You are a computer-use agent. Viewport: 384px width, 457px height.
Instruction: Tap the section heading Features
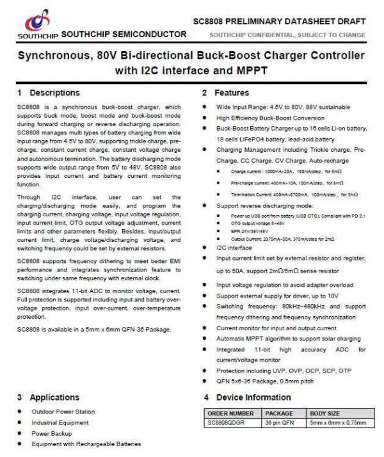click(231, 93)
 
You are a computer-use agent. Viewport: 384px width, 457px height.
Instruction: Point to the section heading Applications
click(54, 397)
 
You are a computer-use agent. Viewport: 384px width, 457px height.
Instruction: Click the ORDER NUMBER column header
click(230, 413)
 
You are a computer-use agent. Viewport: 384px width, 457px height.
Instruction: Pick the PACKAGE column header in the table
click(279, 413)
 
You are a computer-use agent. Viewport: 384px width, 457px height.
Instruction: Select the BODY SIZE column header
click(325, 413)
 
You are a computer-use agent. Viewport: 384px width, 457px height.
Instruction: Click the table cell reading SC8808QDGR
click(227, 422)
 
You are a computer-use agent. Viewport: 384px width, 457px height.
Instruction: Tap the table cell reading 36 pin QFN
click(279, 422)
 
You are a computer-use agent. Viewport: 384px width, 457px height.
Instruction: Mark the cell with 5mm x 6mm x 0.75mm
click(337, 422)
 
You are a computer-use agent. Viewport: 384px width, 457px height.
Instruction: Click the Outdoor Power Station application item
click(63, 412)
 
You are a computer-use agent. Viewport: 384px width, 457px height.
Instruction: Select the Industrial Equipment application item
click(60, 422)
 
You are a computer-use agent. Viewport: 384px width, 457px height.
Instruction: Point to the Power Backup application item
click(52, 433)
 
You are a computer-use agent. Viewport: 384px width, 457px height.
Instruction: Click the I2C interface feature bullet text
click(234, 247)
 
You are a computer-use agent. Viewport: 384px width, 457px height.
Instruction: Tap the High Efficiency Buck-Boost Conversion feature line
click(270, 118)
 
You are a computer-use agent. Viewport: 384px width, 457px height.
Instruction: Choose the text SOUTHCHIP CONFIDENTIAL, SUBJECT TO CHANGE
click(287, 35)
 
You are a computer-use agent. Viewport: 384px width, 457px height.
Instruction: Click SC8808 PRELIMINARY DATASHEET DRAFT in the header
click(279, 21)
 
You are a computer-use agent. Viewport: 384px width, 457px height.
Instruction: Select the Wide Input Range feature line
click(283, 107)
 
